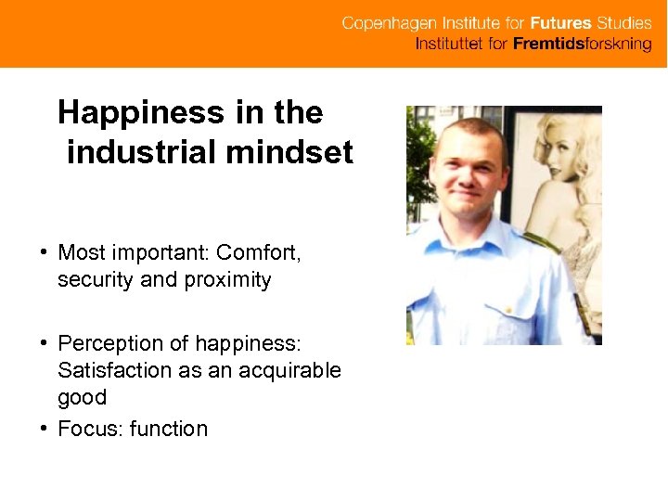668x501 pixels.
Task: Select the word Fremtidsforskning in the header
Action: click(x=583, y=45)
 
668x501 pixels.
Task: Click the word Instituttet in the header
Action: click(x=449, y=45)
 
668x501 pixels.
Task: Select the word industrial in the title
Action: click(x=144, y=151)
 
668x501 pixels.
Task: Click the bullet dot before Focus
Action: click(x=44, y=429)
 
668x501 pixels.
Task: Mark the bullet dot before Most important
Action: click(x=44, y=252)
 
